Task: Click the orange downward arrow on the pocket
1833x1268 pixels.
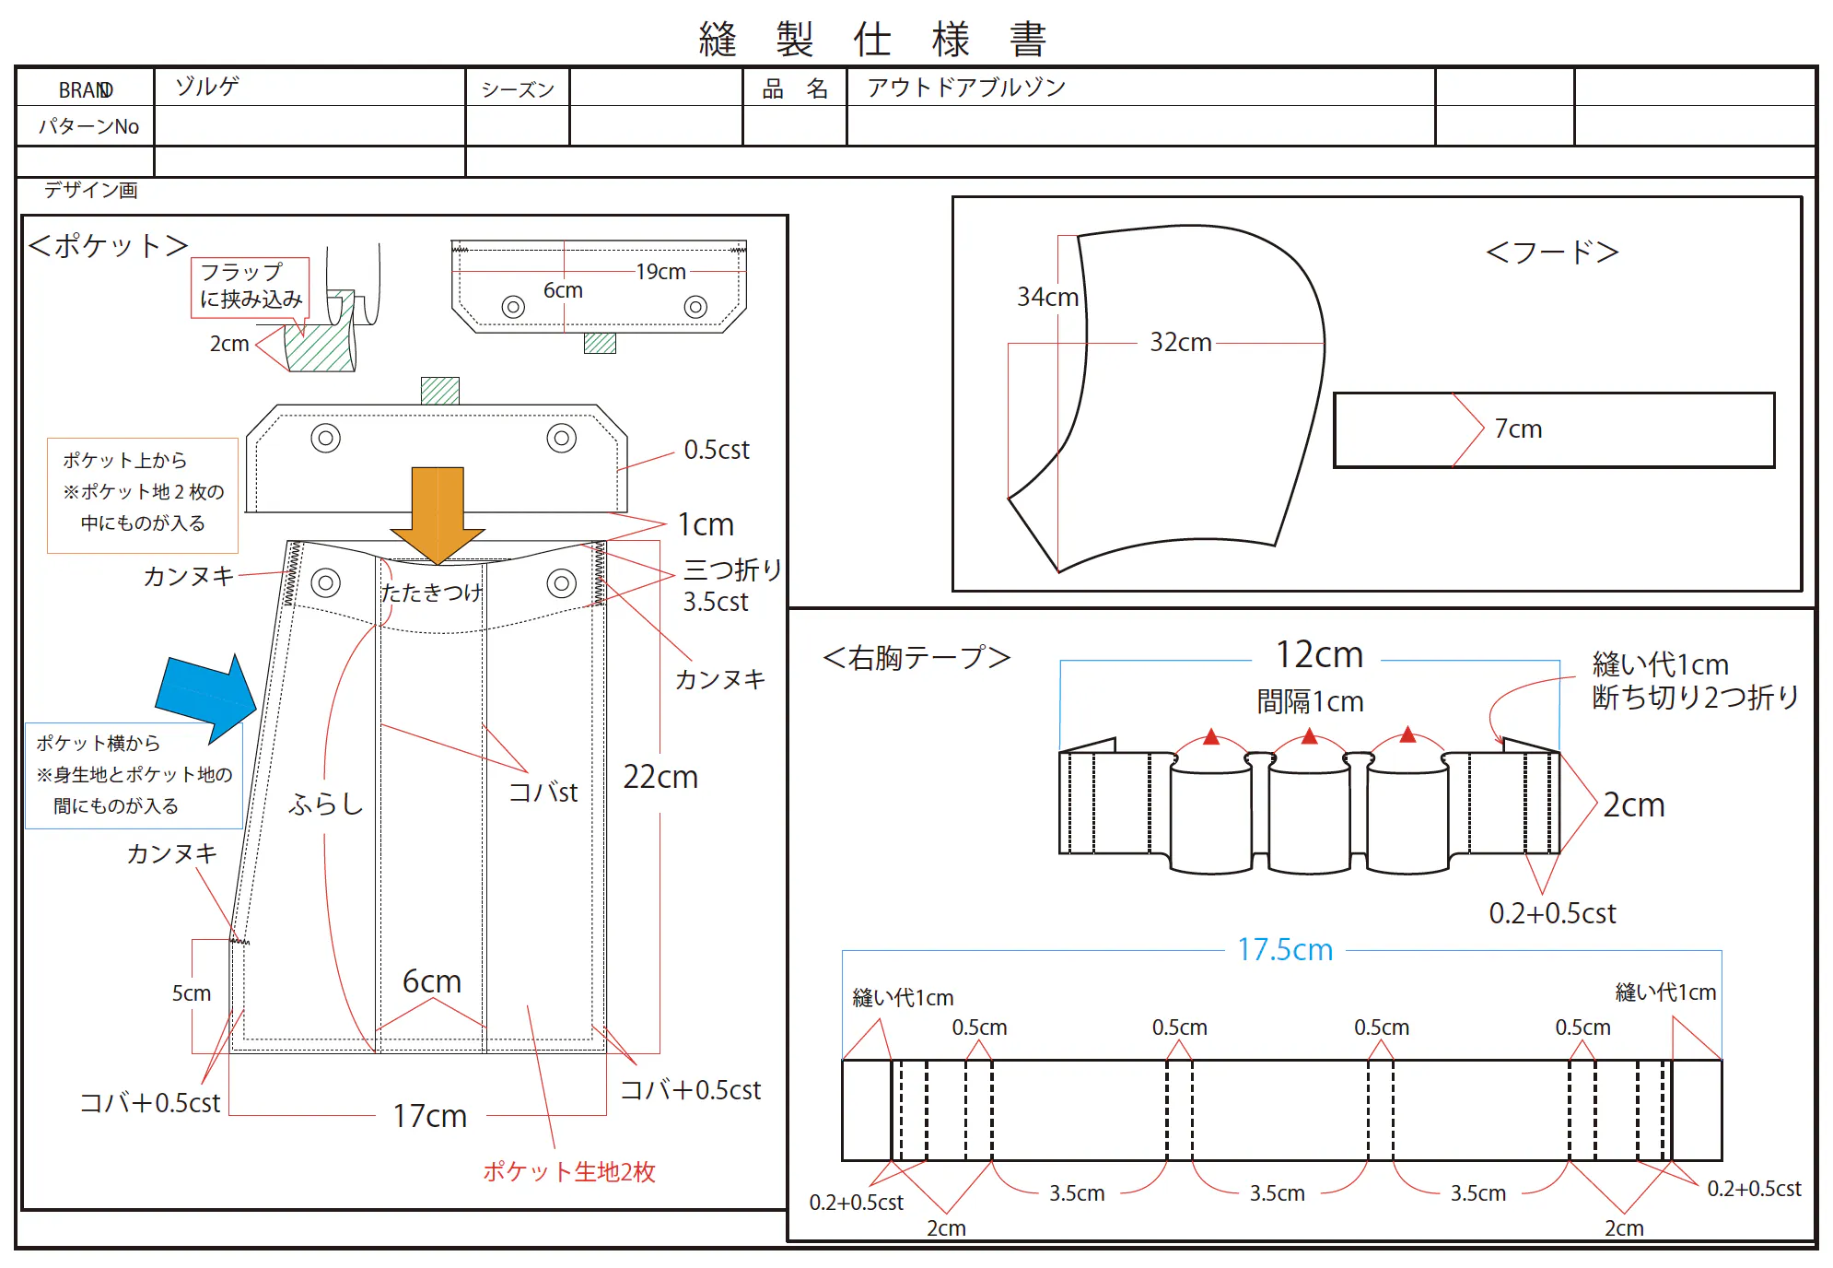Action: [438, 514]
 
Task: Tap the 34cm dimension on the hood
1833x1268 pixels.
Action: [1047, 297]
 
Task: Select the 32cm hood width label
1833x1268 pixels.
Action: [1180, 342]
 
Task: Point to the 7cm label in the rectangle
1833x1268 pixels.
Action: [1518, 429]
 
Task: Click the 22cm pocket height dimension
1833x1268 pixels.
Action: [660, 777]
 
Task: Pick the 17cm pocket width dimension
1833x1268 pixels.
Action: [430, 1116]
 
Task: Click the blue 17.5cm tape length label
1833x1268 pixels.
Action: [1285, 949]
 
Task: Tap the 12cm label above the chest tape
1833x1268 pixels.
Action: [1319, 654]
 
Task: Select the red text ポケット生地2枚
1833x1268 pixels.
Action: [569, 1171]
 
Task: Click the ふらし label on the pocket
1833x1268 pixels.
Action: [326, 804]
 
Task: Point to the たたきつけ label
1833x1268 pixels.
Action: [431, 592]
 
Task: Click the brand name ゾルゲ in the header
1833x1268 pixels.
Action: [207, 87]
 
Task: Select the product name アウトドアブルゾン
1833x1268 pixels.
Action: [966, 88]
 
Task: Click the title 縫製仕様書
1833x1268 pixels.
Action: [872, 40]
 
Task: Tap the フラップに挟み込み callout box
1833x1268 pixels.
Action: [251, 288]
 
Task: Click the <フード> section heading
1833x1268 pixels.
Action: [1553, 252]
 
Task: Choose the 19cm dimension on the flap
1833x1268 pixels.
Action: [660, 272]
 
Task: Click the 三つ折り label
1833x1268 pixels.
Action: [732, 569]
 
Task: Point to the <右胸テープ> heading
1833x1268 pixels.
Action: [916, 657]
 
